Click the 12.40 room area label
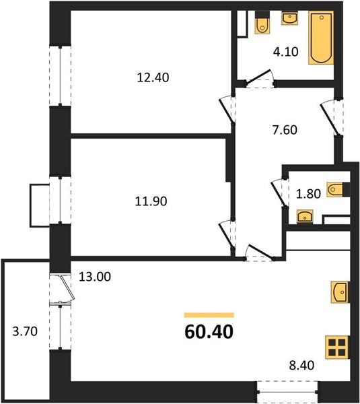pyautogui.click(x=153, y=77)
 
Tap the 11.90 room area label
pyautogui.click(x=151, y=201)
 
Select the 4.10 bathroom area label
pyautogui.click(x=286, y=52)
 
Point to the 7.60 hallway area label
pyautogui.click(x=285, y=130)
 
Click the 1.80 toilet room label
pyautogui.click(x=308, y=194)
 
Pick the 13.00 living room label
pyautogui.click(x=95, y=277)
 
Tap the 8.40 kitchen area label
pyautogui.click(x=301, y=366)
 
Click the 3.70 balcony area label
pyautogui.click(x=25, y=331)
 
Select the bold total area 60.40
pyautogui.click(x=209, y=332)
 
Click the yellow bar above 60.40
pyautogui.click(x=209, y=315)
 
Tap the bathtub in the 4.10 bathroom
pyautogui.click(x=321, y=38)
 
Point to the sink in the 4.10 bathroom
pyautogui.click(x=290, y=18)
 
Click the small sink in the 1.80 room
pyautogui.click(x=305, y=216)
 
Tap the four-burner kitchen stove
pyautogui.click(x=337, y=347)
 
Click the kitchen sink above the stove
pyautogui.click(x=340, y=292)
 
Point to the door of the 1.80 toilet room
pyautogui.click(x=279, y=193)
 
